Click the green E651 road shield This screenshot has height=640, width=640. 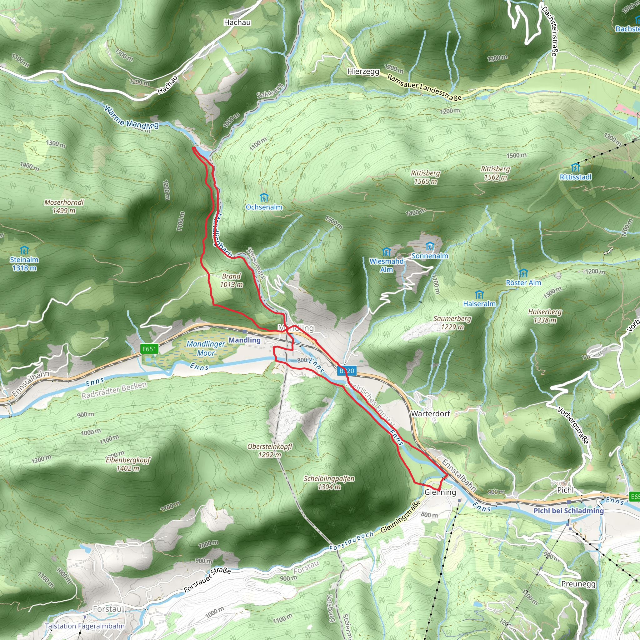click(149, 349)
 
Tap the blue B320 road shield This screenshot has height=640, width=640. click(347, 371)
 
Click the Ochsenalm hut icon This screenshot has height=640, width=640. click(264, 197)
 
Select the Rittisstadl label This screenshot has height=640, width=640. click(575, 177)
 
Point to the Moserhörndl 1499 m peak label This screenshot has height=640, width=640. click(64, 206)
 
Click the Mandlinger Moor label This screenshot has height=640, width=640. click(206, 348)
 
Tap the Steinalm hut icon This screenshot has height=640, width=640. click(24, 250)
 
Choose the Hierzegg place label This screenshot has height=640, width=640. click(363, 72)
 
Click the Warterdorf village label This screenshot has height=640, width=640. click(430, 413)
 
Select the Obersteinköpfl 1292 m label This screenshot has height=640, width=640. click(270, 451)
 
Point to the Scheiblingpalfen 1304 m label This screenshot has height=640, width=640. click(329, 482)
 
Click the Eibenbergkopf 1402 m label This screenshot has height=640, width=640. click(128, 464)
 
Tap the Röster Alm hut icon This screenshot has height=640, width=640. click(523, 273)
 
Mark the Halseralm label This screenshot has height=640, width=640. click(479, 304)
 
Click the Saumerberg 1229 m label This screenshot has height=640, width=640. click(452, 322)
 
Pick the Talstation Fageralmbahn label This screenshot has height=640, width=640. click(85, 626)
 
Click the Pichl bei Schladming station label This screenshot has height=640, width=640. click(568, 511)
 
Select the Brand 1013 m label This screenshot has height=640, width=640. click(231, 280)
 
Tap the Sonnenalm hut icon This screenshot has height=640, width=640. click(430, 246)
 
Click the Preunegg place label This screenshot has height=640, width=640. click(578, 584)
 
